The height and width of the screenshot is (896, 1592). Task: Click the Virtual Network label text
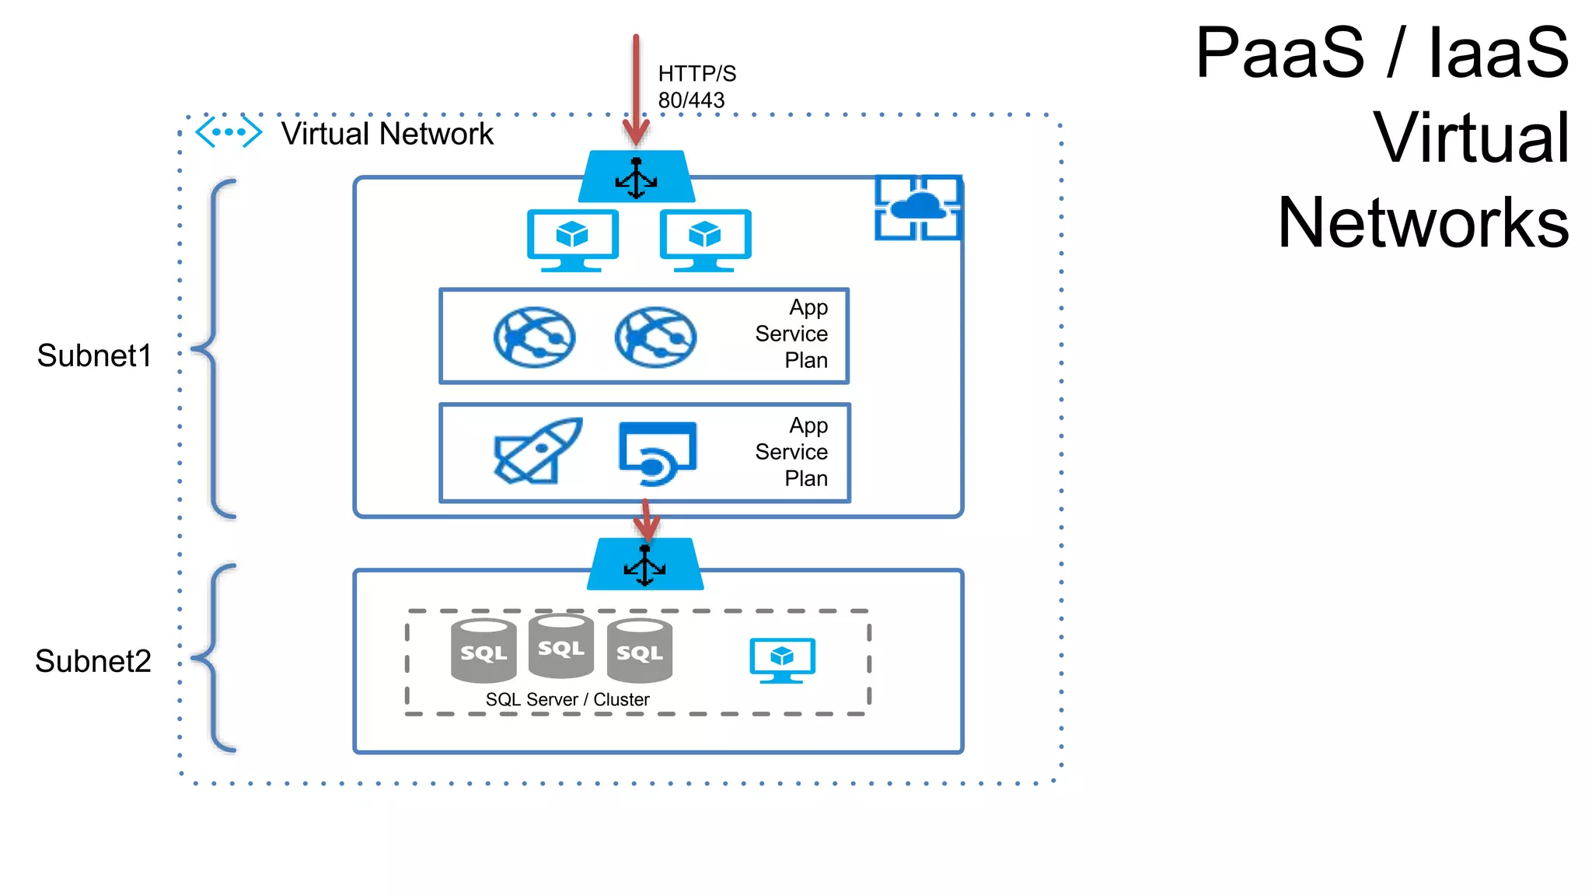(386, 134)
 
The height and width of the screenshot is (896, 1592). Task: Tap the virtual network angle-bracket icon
(228, 132)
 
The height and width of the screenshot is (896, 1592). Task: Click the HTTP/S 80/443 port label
(696, 86)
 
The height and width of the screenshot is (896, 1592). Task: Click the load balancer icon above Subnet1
(637, 177)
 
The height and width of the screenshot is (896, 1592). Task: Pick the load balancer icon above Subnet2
(645, 565)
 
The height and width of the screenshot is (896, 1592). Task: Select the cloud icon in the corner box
(918, 208)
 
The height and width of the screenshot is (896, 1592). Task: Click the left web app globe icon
(534, 337)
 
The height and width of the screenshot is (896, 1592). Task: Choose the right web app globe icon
(655, 337)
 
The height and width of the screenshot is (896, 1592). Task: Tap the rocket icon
(538, 451)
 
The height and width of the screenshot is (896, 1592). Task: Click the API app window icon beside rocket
(658, 453)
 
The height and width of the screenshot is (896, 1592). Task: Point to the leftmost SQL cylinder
(484, 651)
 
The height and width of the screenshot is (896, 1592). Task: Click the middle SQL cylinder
(560, 646)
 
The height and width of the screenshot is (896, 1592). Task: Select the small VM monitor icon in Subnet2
(782, 660)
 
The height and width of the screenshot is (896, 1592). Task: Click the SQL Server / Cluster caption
(567, 699)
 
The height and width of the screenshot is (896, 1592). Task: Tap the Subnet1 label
(94, 355)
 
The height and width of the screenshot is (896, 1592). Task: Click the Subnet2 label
(93, 661)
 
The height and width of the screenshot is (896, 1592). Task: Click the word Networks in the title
(1423, 222)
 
